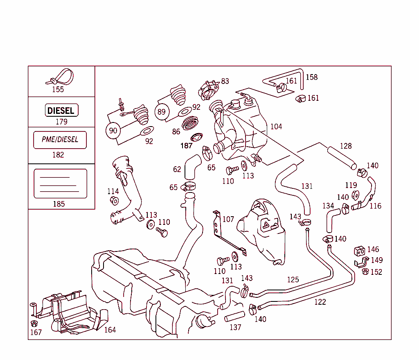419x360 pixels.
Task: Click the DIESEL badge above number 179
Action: [61, 111]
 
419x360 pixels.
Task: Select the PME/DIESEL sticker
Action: [60, 140]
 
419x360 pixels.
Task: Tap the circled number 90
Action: [113, 131]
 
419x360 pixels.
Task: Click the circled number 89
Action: [162, 112]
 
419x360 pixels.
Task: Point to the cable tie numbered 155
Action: [61, 77]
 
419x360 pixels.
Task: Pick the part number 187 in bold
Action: [187, 145]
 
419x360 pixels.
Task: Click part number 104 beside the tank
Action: [276, 127]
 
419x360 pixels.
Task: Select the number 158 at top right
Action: [311, 77]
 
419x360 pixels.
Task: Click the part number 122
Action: [320, 302]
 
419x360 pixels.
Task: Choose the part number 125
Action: [293, 280]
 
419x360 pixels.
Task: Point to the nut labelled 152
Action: [365, 272]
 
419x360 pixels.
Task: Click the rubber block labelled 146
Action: [359, 251]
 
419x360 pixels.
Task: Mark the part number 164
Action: [110, 330]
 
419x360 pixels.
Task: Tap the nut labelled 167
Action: [34, 324]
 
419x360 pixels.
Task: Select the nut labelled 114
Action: [114, 201]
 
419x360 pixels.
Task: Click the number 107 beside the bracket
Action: [228, 219]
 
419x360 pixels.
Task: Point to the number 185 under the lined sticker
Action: [59, 204]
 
